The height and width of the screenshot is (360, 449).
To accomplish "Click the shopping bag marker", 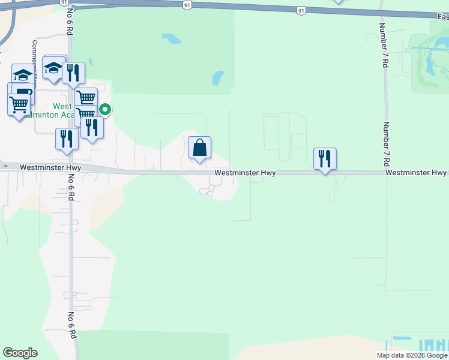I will click(199, 148).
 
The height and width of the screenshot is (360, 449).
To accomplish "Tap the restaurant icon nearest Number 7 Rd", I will click(325, 158).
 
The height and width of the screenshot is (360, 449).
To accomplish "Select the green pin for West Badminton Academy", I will click(105, 109).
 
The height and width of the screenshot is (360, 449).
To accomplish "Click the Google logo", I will click(20, 353).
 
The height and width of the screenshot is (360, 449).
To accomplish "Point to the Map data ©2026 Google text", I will click(412, 355).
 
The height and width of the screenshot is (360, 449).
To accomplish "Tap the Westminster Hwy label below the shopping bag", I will click(245, 173).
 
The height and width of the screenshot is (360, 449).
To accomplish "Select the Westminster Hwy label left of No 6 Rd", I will click(50, 168).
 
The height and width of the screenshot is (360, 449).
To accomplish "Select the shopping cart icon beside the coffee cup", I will click(19, 104).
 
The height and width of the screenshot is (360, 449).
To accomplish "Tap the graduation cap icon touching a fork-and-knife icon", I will click(54, 68).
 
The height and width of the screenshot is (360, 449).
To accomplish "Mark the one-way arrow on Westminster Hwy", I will click(5, 165).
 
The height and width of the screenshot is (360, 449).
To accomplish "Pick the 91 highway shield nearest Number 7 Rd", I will click(300, 10).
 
